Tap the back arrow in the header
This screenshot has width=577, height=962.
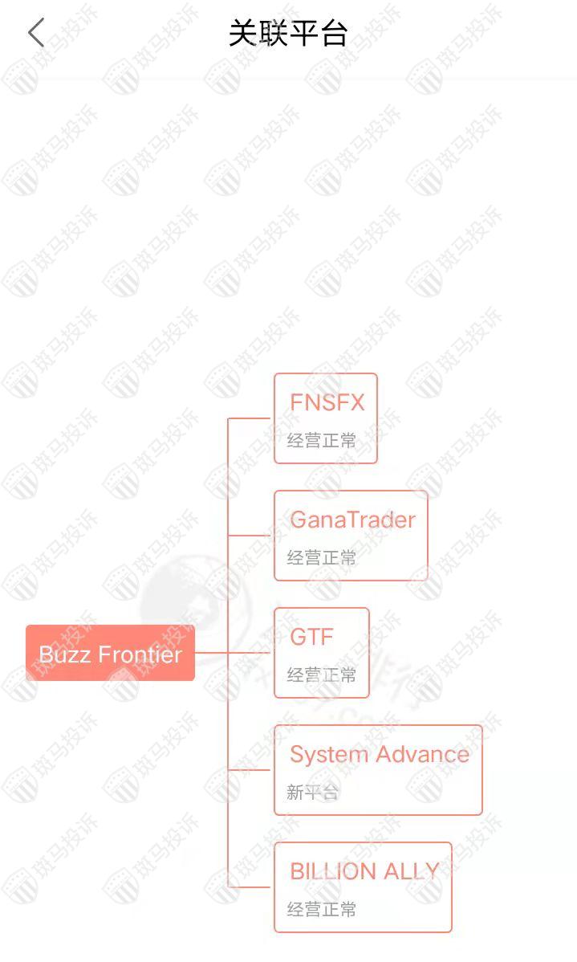coord(36,33)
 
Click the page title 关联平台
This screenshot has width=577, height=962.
coord(288,34)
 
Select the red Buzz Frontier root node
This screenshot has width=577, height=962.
coord(110,654)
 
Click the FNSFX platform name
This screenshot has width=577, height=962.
coord(327,402)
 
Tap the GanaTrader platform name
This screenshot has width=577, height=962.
coord(352,520)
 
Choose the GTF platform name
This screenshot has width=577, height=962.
coord(311,637)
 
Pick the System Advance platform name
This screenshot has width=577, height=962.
coord(379,754)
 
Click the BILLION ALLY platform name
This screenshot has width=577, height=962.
coord(364,871)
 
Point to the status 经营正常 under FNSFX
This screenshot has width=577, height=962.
coord(321,440)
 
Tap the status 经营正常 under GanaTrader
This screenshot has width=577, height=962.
coord(321,557)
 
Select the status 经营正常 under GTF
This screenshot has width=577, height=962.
coord(321,675)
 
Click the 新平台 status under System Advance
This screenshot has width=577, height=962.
coord(312,792)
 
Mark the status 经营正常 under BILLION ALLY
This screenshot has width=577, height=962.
coord(321,909)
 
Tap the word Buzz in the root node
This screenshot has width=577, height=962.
coord(59,654)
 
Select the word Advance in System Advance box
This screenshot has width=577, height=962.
coord(422,754)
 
